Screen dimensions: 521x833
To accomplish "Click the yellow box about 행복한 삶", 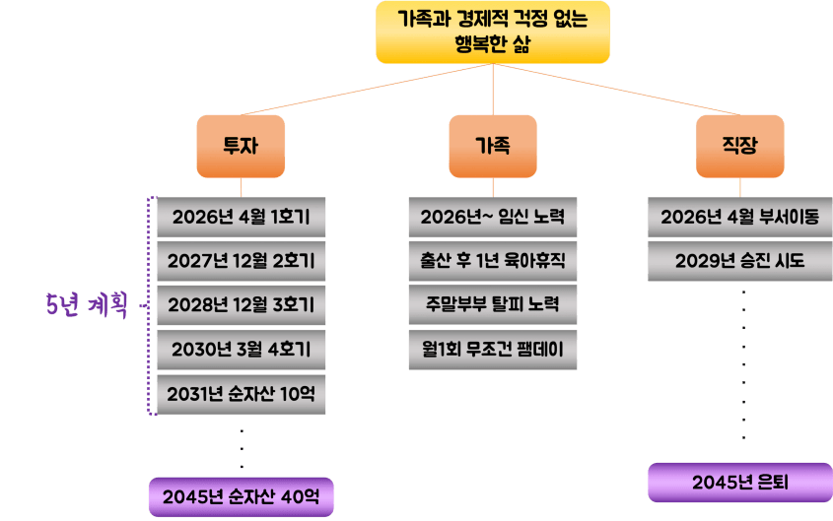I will [x=492, y=32].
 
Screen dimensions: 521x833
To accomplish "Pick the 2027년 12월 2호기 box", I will [x=241, y=262].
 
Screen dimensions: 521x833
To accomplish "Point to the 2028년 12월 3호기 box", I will [x=241, y=306].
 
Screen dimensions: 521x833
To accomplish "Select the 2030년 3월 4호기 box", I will [x=241, y=351].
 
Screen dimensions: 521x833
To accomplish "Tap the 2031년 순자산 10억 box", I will [x=241, y=395].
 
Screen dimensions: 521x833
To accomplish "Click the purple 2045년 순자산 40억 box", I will [x=241, y=495].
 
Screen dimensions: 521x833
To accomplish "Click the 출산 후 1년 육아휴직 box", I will [x=492, y=262].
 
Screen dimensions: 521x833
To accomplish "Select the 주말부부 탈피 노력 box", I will [x=492, y=306].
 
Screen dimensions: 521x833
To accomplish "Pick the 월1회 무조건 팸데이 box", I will [x=492, y=351].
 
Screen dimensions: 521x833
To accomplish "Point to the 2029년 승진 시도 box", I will [x=739, y=262].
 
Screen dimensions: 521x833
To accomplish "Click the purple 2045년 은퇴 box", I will [x=739, y=483].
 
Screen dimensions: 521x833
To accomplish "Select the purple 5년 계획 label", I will [x=88, y=306].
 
